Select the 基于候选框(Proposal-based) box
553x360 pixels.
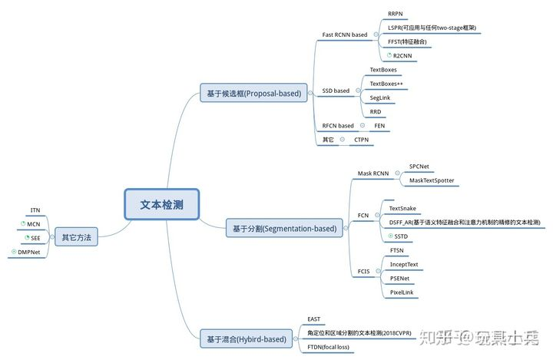click(253, 93)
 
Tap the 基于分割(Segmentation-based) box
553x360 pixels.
click(284, 228)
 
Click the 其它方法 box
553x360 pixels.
click(76, 237)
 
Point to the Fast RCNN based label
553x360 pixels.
click(345, 35)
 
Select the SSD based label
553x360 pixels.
click(336, 91)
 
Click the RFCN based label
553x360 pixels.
click(338, 126)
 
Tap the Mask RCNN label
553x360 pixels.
click(373, 173)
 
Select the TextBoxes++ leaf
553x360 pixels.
click(386, 84)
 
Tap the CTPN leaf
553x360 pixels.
click(363, 140)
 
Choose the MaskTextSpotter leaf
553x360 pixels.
click(431, 180)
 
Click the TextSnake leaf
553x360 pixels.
click(402, 208)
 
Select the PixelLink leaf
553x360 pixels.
click(401, 292)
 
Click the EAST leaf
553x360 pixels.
click(314, 319)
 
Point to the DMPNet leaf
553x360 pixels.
click(29, 252)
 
